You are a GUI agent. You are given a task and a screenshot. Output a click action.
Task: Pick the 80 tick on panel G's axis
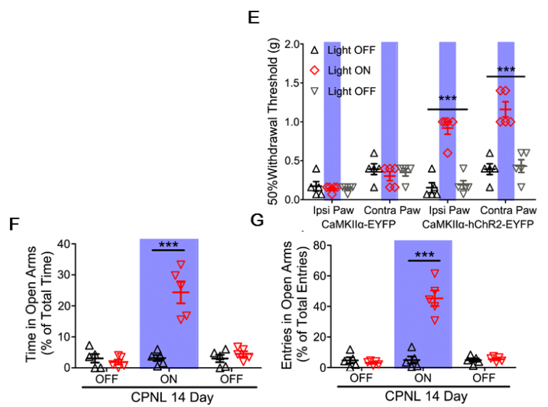pyautogui.click(x=320, y=244)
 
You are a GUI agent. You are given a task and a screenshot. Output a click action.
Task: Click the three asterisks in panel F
pyautogui.click(x=169, y=244)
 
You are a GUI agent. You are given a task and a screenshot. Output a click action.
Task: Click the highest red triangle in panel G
pyautogui.click(x=435, y=273)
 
